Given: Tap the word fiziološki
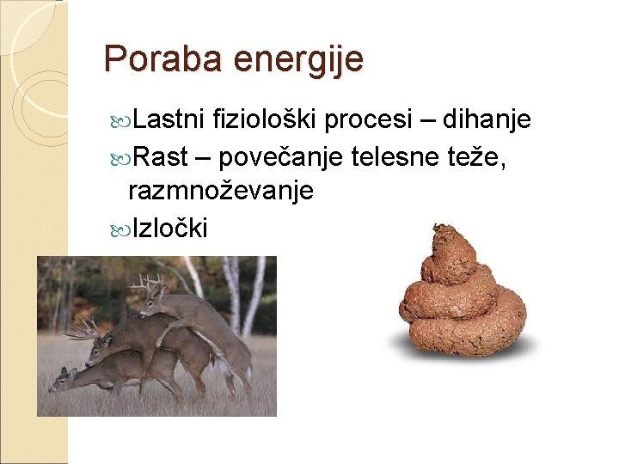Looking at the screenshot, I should (266, 120).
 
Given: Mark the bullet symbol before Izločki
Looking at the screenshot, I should (122, 229).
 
